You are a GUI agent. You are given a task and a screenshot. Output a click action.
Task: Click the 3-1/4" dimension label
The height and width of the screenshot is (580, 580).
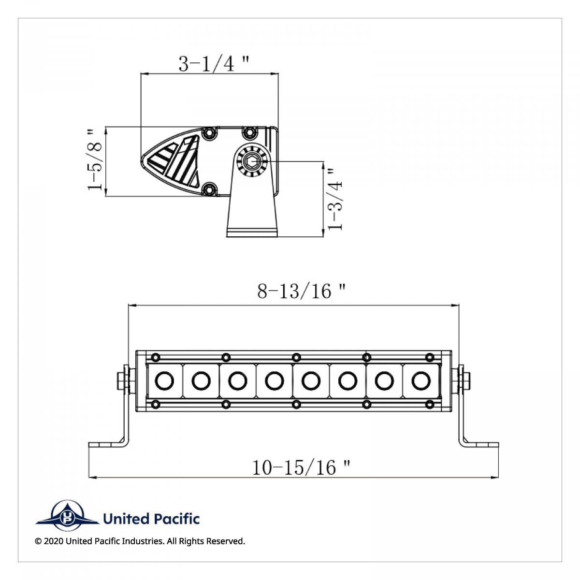[214, 63]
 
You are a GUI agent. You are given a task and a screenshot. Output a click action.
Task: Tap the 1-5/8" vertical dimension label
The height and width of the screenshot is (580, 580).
[96, 159]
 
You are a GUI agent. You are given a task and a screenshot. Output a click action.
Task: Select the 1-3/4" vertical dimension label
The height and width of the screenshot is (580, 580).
[335, 199]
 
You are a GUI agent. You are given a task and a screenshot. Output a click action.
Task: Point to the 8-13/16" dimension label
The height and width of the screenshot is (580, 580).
[302, 291]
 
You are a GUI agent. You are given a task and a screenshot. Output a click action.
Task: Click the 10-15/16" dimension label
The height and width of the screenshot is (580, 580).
[301, 467]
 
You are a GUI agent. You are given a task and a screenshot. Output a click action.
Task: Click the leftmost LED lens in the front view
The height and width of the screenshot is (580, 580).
[164, 381]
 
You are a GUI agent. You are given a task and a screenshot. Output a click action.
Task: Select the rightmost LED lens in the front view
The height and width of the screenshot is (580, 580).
[421, 381]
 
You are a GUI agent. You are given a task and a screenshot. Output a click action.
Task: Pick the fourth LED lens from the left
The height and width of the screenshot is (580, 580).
[274, 381]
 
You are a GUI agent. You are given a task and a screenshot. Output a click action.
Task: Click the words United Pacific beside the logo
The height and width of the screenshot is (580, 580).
[151, 519]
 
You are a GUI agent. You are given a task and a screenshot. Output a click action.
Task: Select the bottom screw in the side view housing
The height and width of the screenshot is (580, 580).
[209, 189]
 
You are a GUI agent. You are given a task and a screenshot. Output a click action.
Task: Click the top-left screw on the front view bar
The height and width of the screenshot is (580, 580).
[156, 357]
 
